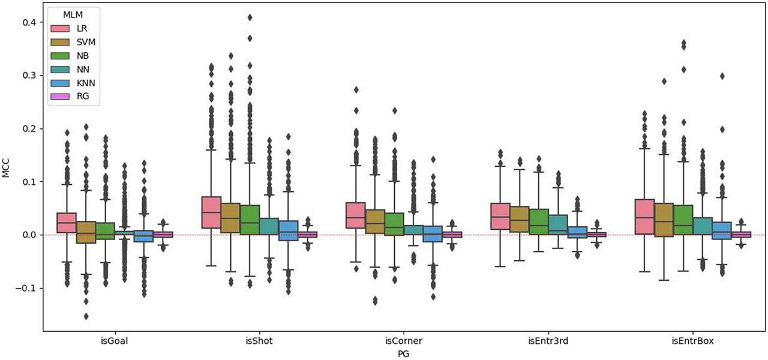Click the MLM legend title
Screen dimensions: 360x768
(73, 14)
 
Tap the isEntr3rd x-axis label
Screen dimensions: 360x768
(548, 341)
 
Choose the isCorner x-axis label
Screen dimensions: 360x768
(403, 341)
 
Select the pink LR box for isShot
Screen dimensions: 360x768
(211, 212)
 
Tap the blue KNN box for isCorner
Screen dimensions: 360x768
(433, 233)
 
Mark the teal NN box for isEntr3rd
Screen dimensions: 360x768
(557, 224)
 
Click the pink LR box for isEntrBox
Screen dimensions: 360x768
(644, 217)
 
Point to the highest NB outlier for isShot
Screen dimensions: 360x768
(250, 17)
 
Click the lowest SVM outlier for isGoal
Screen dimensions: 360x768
(86, 316)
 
